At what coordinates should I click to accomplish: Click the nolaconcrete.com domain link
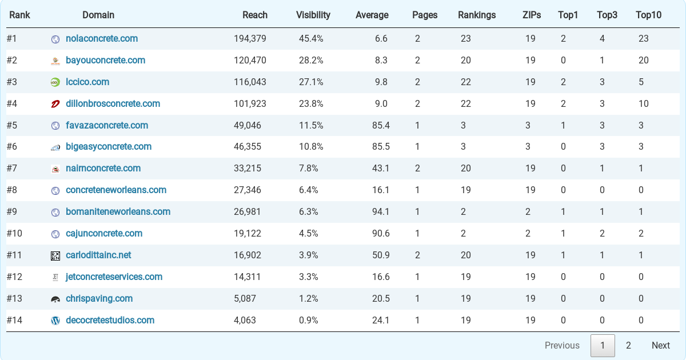(102, 39)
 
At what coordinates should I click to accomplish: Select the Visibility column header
(313, 15)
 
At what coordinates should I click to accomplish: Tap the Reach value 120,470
(250, 61)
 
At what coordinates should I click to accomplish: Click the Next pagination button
(660, 345)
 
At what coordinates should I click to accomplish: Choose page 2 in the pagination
(628, 345)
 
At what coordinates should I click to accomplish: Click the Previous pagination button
(562, 345)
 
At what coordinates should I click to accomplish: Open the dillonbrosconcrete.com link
(113, 104)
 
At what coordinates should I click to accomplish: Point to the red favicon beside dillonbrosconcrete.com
(55, 104)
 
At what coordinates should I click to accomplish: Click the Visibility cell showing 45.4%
(311, 39)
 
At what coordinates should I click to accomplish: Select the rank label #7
(12, 169)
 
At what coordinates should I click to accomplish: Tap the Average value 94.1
(380, 212)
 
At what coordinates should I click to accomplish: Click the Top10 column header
(648, 15)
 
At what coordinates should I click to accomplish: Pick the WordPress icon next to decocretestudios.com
(55, 321)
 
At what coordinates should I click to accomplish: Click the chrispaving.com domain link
(99, 299)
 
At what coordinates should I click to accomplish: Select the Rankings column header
(477, 15)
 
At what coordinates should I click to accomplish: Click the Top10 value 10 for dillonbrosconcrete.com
(644, 104)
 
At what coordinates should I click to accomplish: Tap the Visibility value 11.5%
(311, 126)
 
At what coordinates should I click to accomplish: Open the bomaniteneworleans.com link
(118, 212)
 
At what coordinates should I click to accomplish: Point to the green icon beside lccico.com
(55, 82)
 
